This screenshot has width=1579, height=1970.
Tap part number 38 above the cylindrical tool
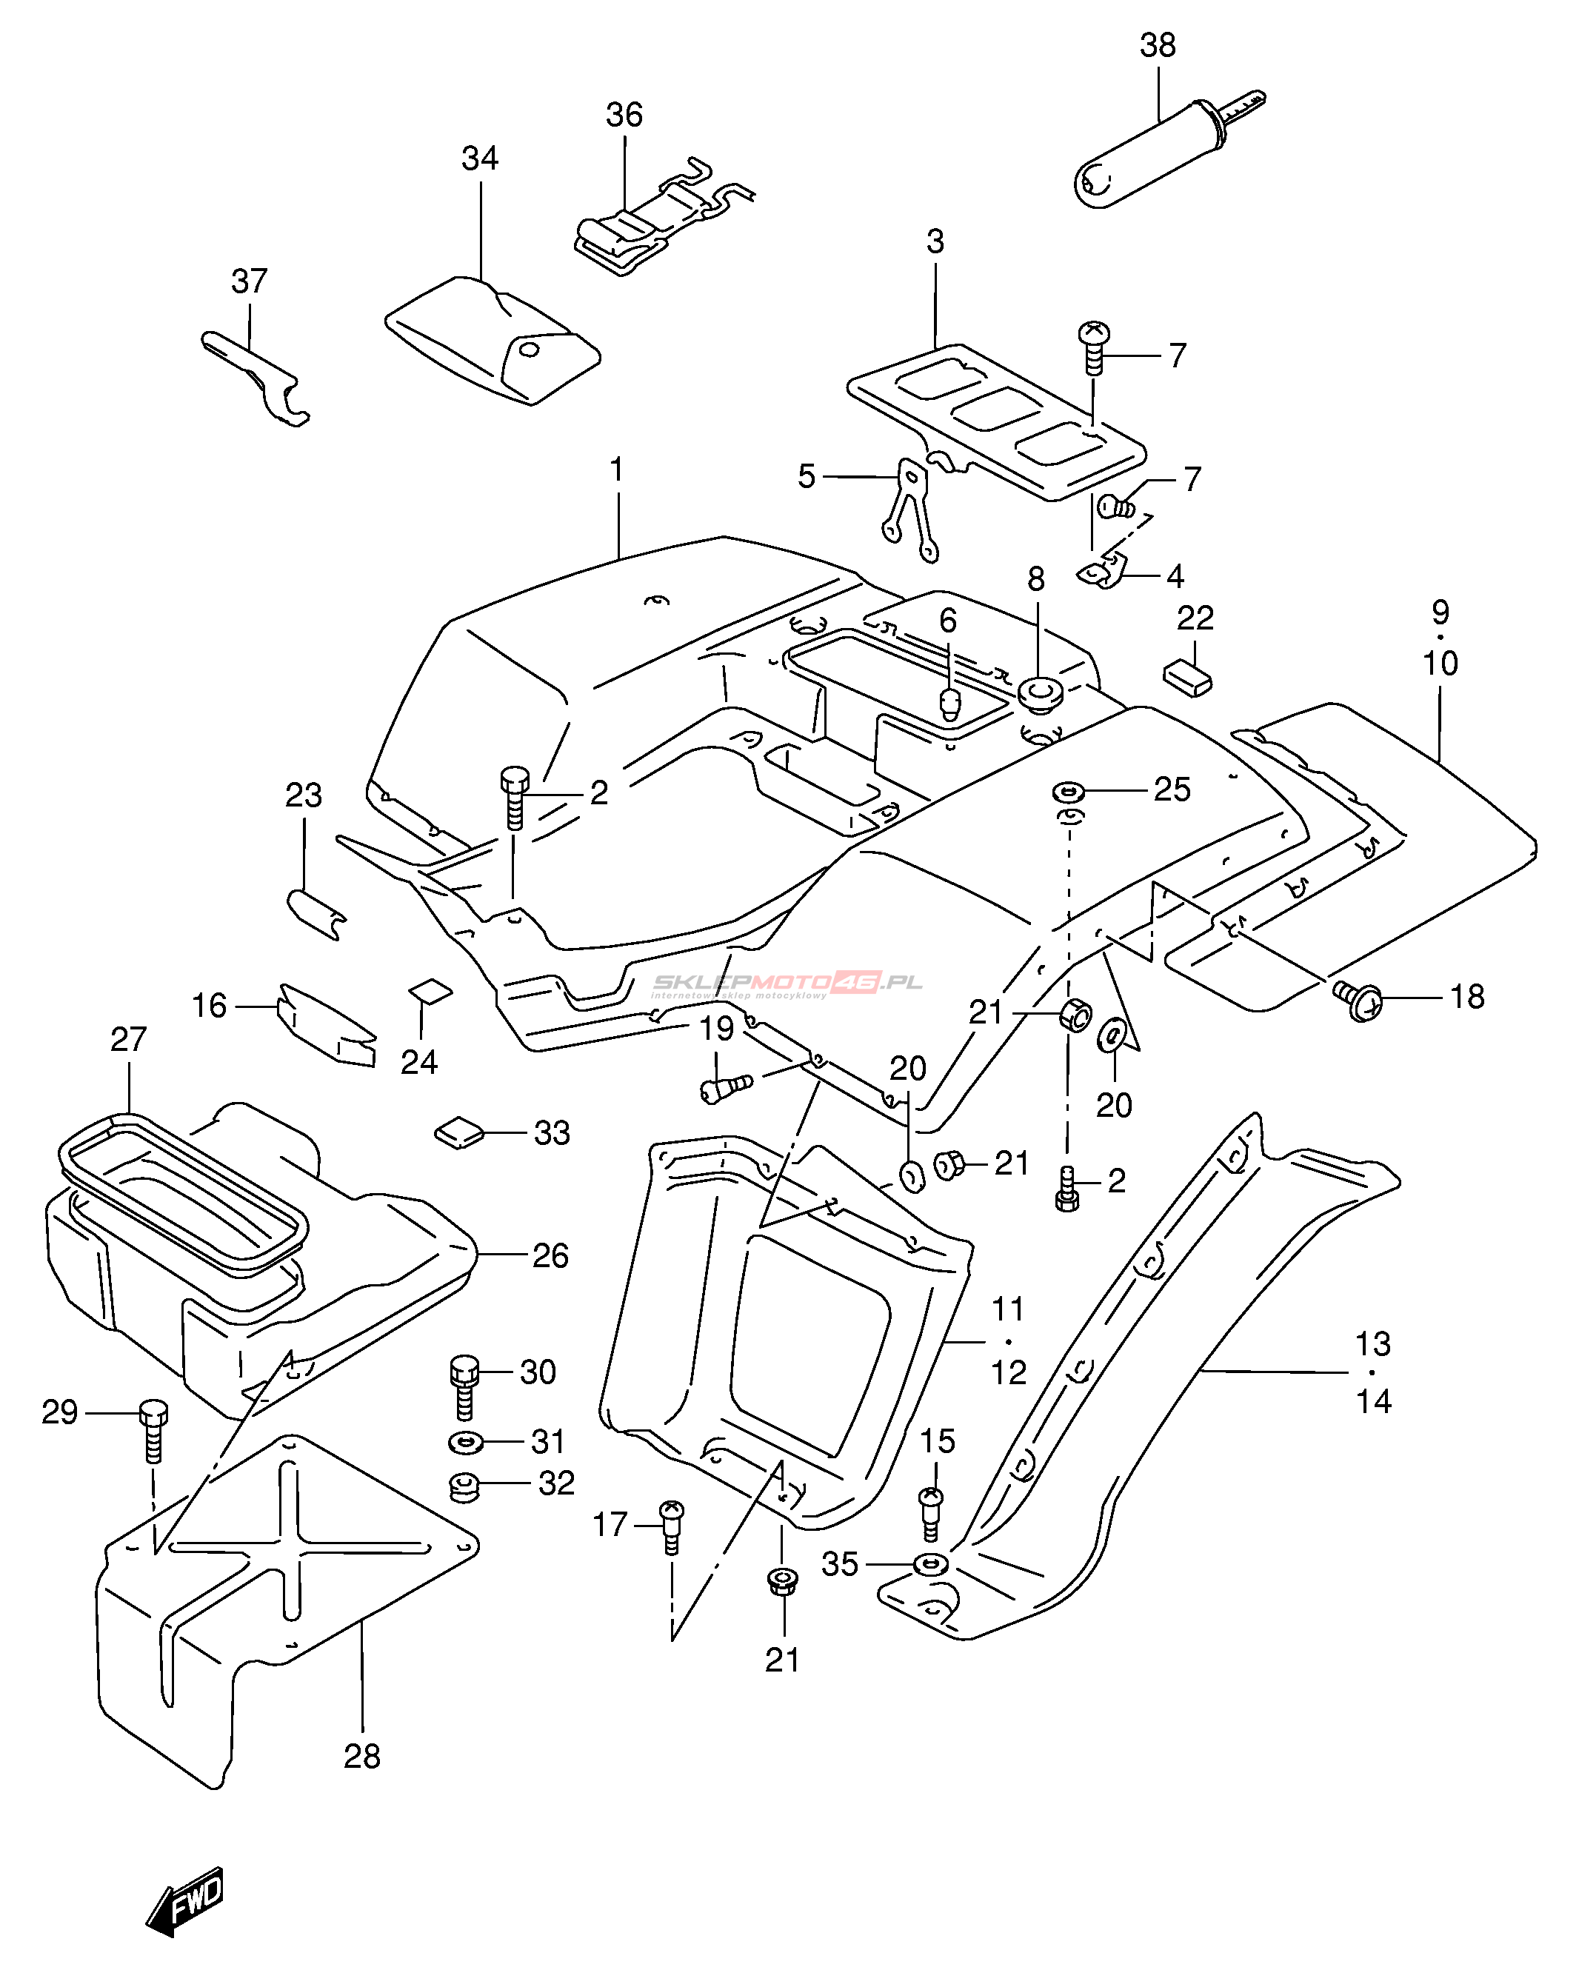click(x=1157, y=46)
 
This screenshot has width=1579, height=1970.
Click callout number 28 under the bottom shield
click(x=362, y=1755)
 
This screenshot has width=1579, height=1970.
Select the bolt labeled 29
click(x=153, y=1430)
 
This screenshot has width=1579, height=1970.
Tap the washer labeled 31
click(x=466, y=1443)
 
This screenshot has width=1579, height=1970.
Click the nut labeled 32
click(x=465, y=1486)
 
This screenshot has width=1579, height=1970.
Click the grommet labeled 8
click(x=1039, y=692)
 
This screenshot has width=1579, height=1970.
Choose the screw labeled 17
click(x=672, y=1525)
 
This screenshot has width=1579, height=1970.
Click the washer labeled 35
click(x=930, y=1564)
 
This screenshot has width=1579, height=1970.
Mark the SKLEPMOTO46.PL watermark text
click(x=786, y=984)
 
